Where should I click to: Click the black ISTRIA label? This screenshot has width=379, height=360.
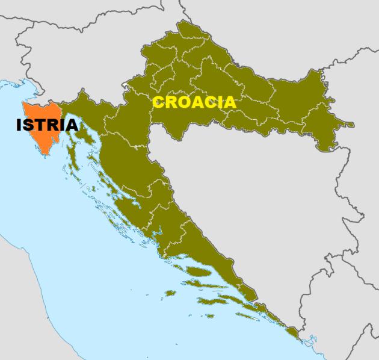click(x=47, y=125)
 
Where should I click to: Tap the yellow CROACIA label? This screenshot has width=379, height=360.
click(x=194, y=102)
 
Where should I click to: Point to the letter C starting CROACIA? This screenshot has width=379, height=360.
click(x=158, y=102)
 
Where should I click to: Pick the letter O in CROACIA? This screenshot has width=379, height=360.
click(x=182, y=102)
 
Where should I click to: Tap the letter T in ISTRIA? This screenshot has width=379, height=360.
click(x=41, y=125)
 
